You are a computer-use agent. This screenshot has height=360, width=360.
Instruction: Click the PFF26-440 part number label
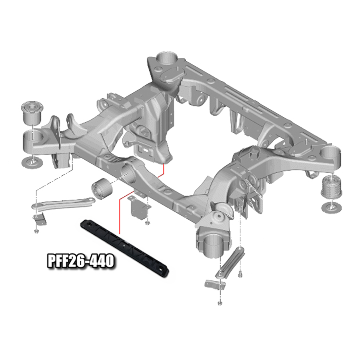[80, 261]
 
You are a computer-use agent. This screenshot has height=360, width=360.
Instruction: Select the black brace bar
[125, 249]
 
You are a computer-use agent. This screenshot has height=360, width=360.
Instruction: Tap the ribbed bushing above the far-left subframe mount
[32, 112]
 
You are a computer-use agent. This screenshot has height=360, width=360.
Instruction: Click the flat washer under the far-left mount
[32, 163]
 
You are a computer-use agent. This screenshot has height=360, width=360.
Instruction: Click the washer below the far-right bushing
[332, 208]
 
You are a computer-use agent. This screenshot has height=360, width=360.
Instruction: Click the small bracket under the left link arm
[39, 219]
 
